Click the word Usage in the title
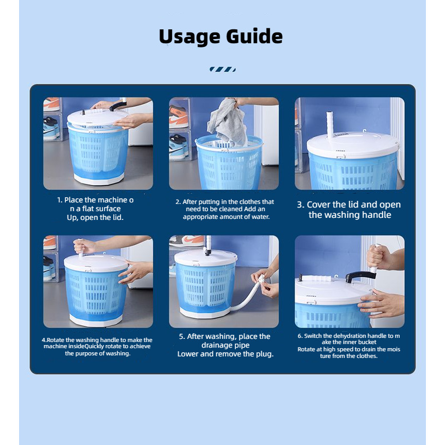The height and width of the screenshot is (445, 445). point(190,37)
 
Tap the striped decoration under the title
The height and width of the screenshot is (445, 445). point(222,69)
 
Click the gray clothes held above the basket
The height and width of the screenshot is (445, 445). point(228,122)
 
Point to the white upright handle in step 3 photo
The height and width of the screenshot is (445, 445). point(330,125)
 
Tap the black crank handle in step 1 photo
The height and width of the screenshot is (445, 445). point(118,106)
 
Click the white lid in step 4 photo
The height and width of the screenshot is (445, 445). point(96,263)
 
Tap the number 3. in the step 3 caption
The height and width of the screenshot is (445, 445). point(301,204)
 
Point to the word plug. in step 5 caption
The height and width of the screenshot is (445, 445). point(265,354)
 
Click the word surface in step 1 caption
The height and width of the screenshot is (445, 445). point(108,209)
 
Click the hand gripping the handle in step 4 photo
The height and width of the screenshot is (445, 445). point(84,246)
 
